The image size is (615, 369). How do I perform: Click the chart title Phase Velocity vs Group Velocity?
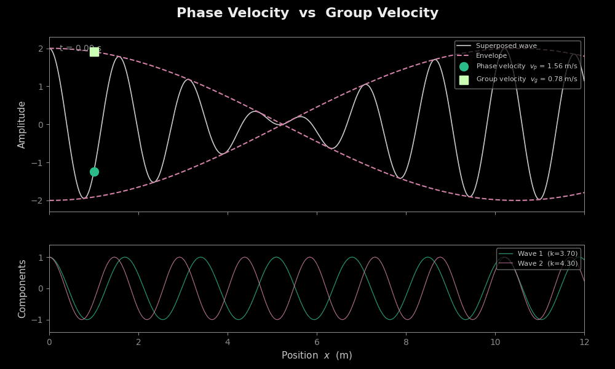pos(307,14)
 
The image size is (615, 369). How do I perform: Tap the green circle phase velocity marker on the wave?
pos(94,172)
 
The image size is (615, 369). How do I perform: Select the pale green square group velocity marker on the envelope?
pos(94,52)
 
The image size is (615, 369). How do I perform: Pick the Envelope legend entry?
pos(491,56)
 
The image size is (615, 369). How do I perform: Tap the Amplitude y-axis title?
pos(22,124)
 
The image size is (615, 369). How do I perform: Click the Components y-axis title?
pos(22,288)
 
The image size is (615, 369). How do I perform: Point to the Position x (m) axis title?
pos(317,355)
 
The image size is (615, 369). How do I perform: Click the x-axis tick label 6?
pos(317,342)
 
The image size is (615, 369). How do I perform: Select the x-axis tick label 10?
pos(495,342)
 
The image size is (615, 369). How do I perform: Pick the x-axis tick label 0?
pos(49,342)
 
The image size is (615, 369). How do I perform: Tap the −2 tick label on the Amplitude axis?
pos(38,200)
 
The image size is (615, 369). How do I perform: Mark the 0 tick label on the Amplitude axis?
pos(41,124)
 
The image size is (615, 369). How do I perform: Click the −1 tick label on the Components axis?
pos(38,320)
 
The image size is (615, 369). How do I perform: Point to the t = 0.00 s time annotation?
pos(80,48)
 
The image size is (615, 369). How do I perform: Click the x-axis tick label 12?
pos(584,342)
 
